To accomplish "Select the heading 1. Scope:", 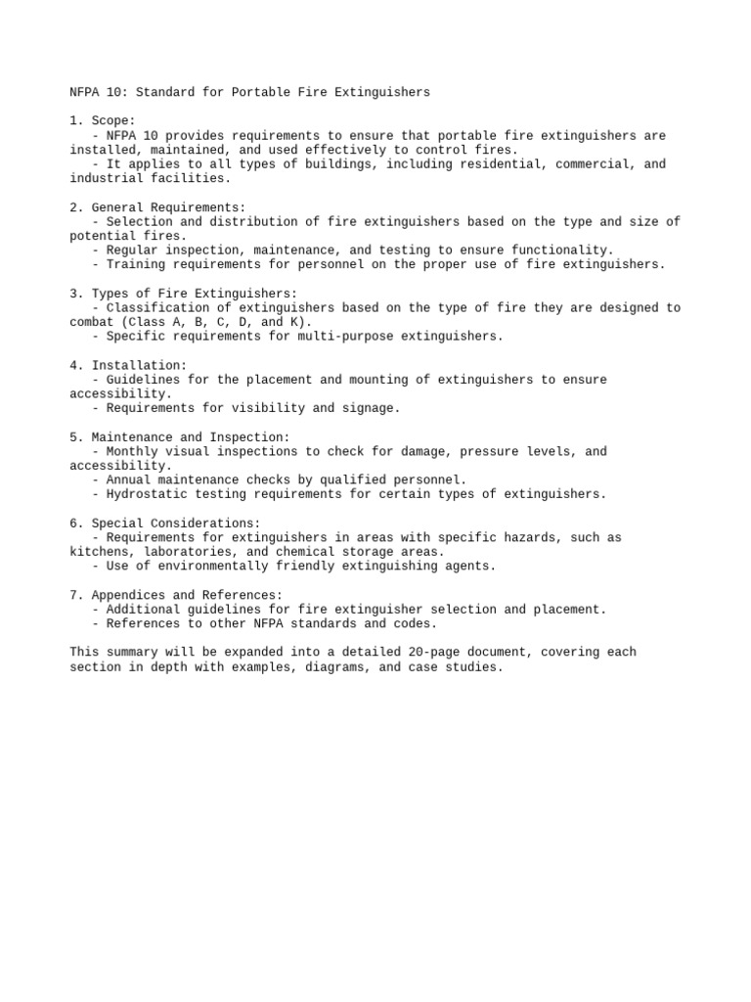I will tap(103, 121).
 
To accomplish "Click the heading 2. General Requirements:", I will tap(157, 207).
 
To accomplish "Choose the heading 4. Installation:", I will tap(128, 365).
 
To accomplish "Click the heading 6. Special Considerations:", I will tap(165, 524).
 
